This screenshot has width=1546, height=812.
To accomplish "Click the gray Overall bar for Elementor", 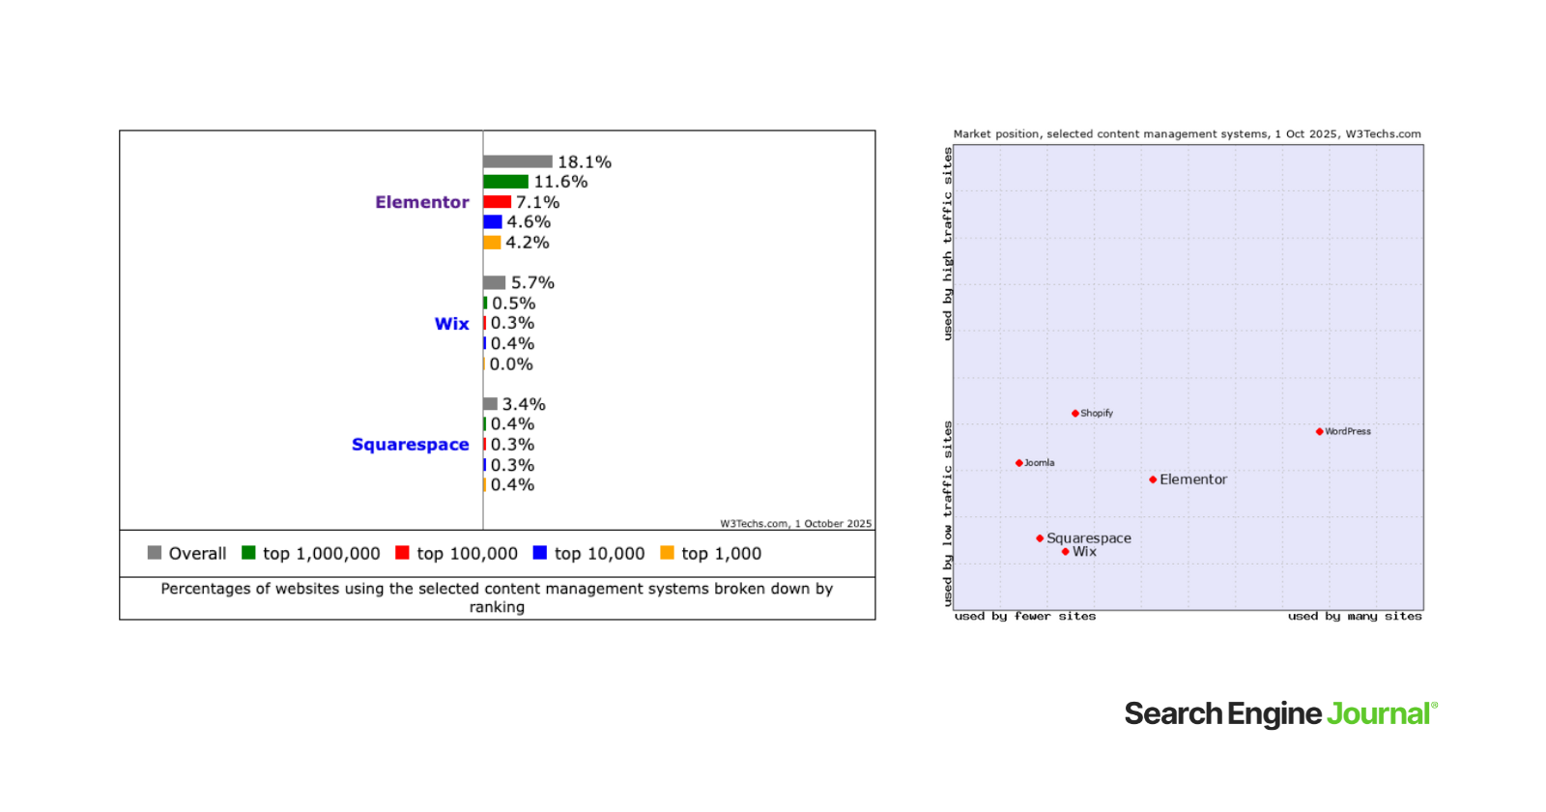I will (x=517, y=161).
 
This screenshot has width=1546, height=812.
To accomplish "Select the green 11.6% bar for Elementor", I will (x=505, y=182).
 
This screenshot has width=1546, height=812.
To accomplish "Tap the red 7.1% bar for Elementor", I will (x=497, y=202).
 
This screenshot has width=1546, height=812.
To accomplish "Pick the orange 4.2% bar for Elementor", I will (x=492, y=243).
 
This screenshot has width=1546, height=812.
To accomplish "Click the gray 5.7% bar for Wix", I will (x=494, y=282).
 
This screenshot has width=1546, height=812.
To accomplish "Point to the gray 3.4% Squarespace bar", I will (x=490, y=404).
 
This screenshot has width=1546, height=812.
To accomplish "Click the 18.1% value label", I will (x=585, y=162).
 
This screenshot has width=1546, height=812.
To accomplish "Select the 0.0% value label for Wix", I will (x=511, y=364).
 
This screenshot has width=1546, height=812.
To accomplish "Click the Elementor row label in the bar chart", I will (x=422, y=202).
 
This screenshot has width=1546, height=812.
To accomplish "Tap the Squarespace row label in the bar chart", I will (x=410, y=445).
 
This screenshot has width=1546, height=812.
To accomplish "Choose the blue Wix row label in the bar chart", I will (x=451, y=324).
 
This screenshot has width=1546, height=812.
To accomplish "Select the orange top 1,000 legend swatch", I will (x=667, y=553).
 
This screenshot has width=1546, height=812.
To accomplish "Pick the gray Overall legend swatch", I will (x=155, y=553).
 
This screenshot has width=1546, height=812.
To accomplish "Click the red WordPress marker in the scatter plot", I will (x=1319, y=431).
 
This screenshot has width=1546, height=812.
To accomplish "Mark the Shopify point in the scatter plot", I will (x=1074, y=413).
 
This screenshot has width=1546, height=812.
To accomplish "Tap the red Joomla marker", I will (x=1018, y=463).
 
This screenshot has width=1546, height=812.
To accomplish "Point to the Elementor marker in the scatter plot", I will (x=1153, y=479).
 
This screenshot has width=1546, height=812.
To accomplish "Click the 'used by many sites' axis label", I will (x=1355, y=616).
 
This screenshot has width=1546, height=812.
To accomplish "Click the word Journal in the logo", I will (x=1378, y=713).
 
